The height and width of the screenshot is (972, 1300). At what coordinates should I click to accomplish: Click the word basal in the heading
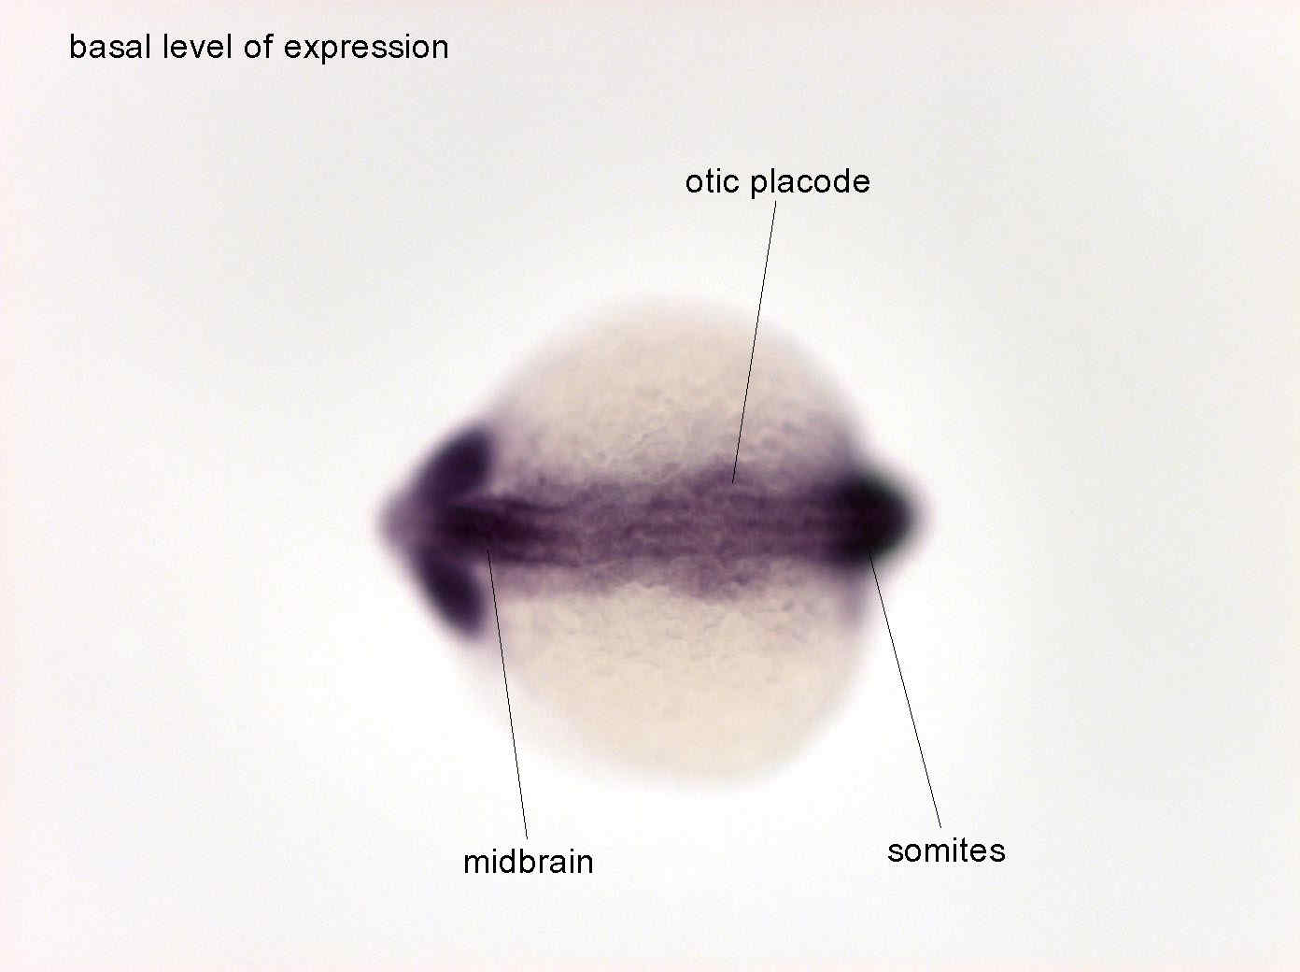tap(110, 47)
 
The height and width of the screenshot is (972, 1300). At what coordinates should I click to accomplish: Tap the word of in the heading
tap(258, 47)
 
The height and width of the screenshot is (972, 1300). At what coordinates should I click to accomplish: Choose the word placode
tap(811, 182)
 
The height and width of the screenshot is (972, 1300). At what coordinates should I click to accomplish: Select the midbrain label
tap(529, 862)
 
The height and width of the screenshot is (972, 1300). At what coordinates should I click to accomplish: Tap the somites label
tap(946, 851)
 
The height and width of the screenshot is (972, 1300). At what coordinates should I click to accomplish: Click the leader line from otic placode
tap(755, 342)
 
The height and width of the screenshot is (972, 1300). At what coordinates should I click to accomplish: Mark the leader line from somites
tap(905, 690)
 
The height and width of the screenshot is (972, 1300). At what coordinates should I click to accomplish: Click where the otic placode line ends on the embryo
tap(733, 483)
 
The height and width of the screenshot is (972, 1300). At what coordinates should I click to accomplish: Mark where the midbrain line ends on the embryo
tap(487, 549)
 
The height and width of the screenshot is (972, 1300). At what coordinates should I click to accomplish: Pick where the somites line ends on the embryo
tap(869, 553)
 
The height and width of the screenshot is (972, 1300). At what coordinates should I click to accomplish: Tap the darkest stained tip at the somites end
tap(877, 516)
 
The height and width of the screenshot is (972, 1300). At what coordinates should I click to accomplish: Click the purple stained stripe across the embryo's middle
tap(663, 527)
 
